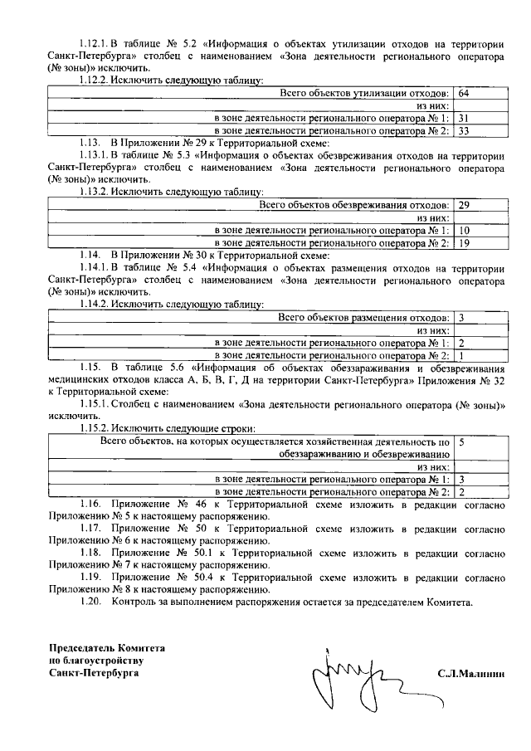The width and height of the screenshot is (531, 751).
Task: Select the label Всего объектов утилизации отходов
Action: tap(364, 92)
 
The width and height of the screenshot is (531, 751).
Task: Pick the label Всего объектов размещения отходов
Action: tap(364, 316)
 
